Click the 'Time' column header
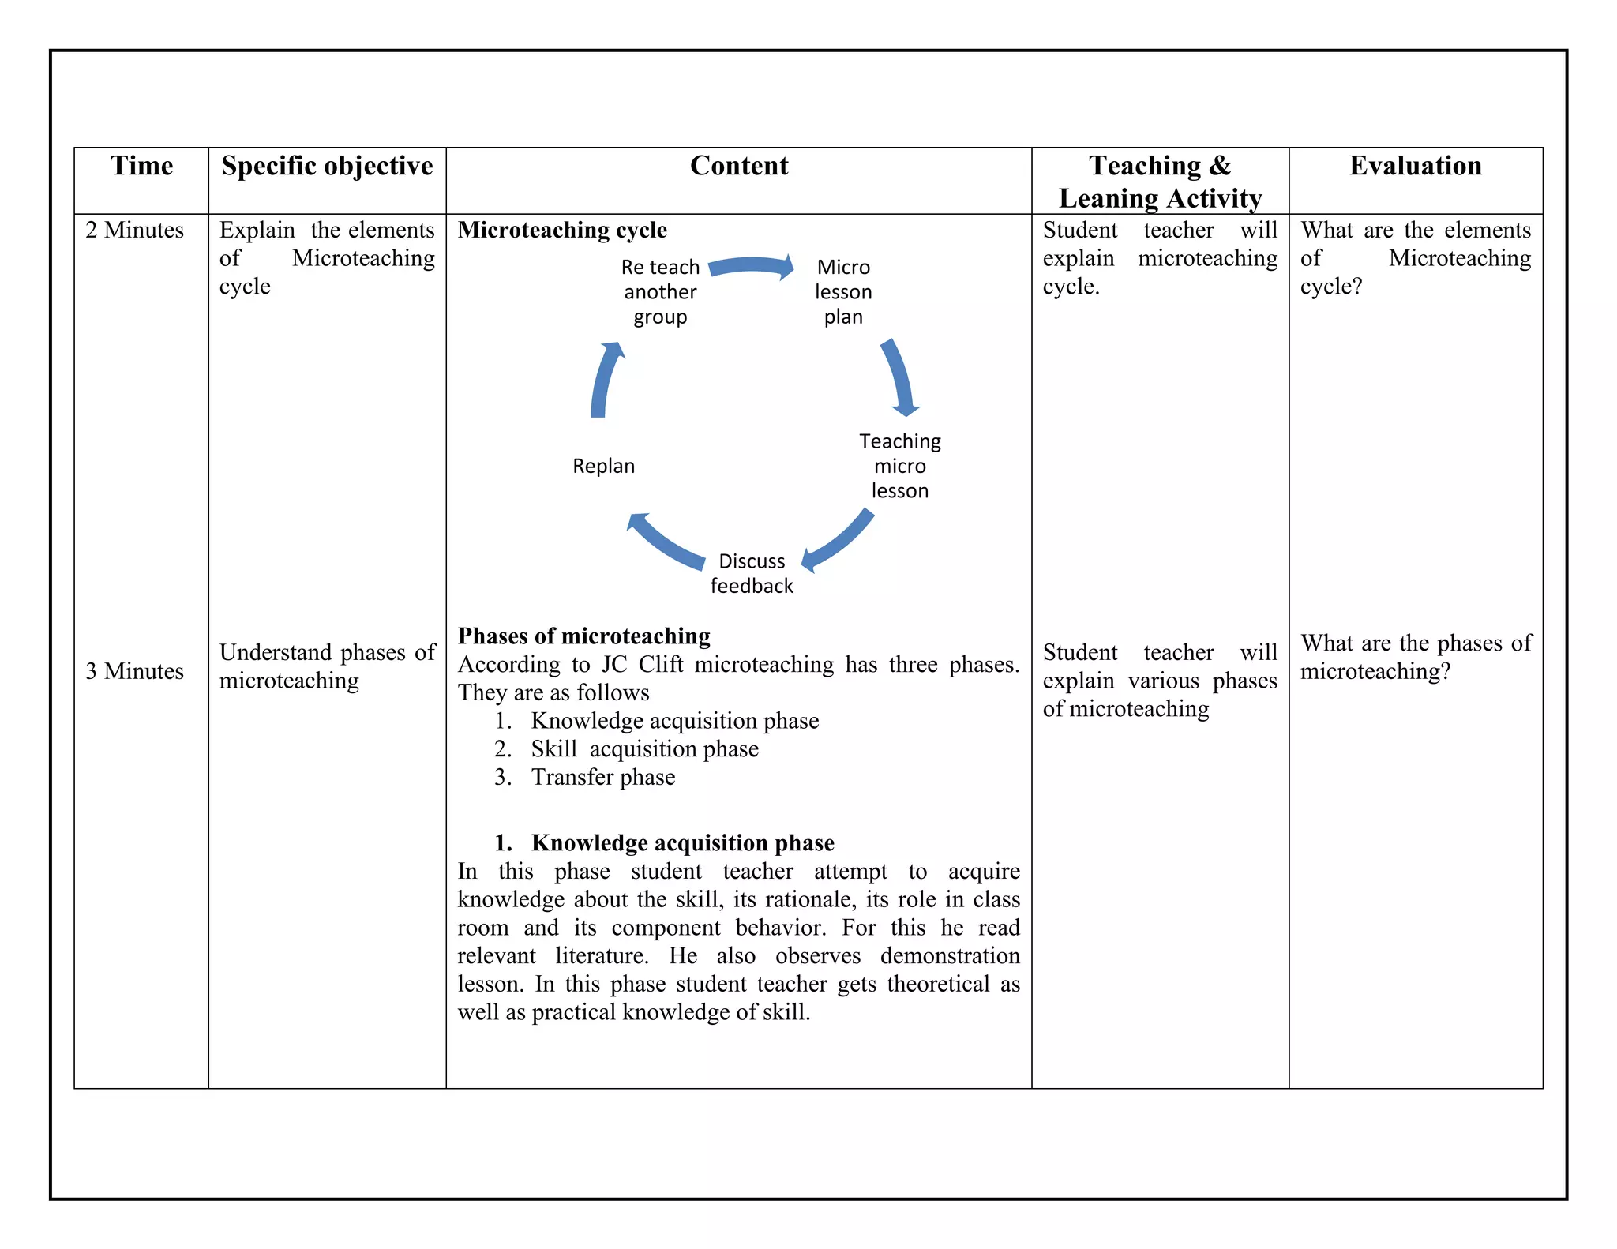tap(141, 166)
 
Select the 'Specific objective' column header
tap(327, 166)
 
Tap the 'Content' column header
tap(739, 166)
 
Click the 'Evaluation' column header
tap(1415, 166)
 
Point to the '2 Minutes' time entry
tap(134, 230)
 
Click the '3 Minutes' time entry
tap(134, 671)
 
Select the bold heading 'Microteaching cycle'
tap(562, 230)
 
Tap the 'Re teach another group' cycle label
tap(660, 292)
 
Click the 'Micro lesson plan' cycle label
tap(843, 292)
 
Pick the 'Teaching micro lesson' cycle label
tap(900, 466)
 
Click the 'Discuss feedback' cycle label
tap(752, 573)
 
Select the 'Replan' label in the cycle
tap(603, 466)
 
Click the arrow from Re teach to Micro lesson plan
tap(752, 267)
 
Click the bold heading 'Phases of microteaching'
tap(584, 636)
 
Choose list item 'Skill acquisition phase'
tap(644, 748)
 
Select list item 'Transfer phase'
tap(603, 777)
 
